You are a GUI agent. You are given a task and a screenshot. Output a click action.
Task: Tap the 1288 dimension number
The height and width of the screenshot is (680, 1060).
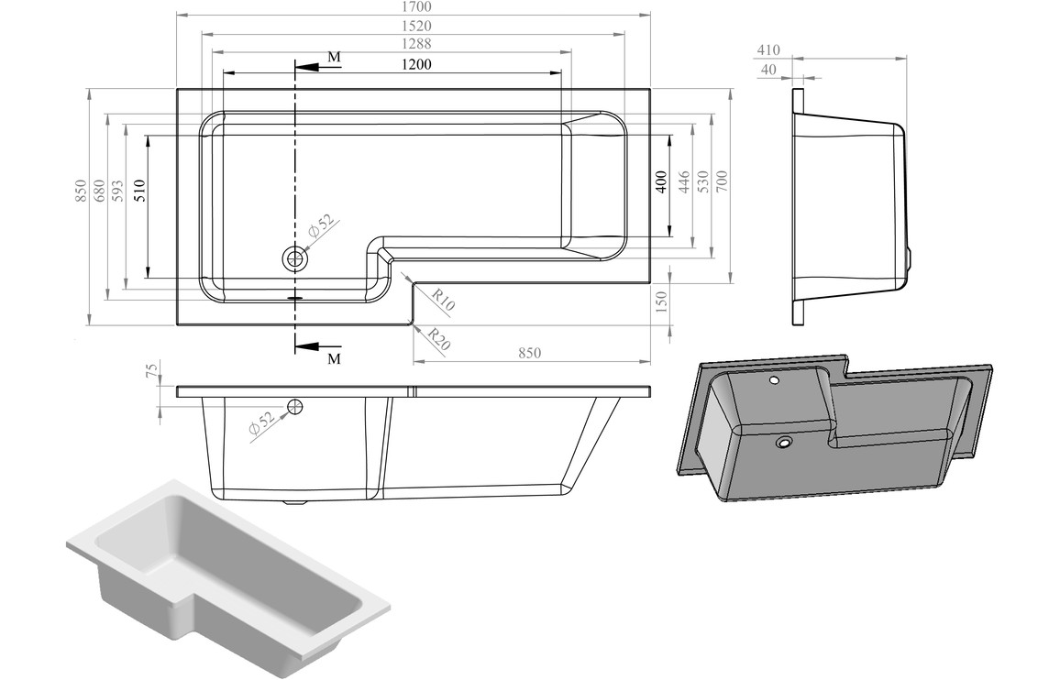click(x=415, y=43)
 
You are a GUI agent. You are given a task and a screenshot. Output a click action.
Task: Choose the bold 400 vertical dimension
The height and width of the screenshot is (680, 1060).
click(x=661, y=181)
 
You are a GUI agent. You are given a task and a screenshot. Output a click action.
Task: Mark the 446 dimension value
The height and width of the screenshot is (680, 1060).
click(x=683, y=181)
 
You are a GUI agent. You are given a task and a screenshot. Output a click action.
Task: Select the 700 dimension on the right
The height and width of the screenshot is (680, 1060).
click(x=722, y=181)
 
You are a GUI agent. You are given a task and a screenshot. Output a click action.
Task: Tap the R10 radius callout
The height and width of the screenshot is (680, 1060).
click(x=443, y=301)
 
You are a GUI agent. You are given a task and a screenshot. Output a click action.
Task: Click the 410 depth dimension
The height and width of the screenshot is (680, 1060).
click(x=768, y=49)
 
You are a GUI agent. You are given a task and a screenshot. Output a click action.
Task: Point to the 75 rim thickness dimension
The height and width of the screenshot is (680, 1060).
click(x=152, y=371)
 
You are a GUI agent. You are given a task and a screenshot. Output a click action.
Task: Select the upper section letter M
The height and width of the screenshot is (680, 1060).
click(x=335, y=58)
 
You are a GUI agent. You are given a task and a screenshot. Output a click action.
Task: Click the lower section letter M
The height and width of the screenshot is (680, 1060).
click(x=335, y=358)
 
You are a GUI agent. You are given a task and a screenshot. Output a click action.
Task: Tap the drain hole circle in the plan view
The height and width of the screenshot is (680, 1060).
click(x=295, y=259)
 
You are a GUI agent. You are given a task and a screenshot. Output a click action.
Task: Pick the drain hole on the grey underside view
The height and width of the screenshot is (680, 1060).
click(x=784, y=443)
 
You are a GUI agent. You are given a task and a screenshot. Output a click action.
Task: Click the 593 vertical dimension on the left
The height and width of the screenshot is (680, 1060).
click(x=117, y=189)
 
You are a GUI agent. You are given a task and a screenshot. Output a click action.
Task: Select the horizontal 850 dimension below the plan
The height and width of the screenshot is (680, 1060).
click(x=530, y=353)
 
